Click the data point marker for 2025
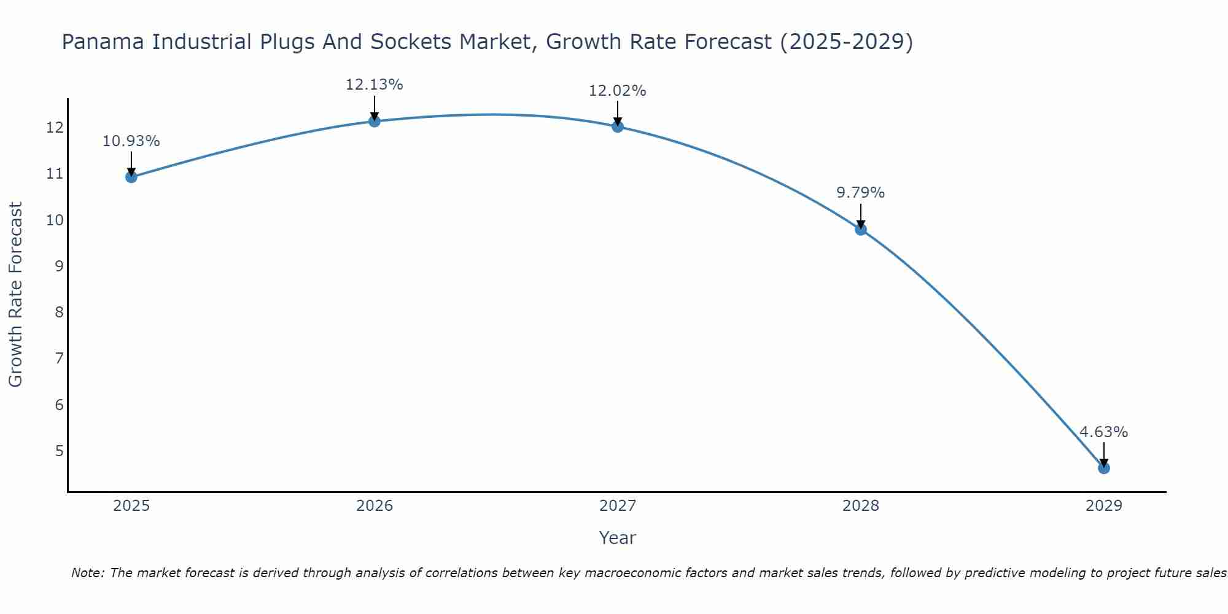pos(131,177)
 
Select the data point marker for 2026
pos(374,121)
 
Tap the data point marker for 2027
pos(617,126)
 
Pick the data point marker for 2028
pos(860,230)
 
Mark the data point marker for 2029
pos(1103,468)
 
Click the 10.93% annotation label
pos(131,141)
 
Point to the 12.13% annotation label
pos(374,85)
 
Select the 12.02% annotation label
pos(617,91)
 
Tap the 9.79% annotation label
pos(860,193)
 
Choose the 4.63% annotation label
pos(1103,432)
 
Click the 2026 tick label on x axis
pos(375,506)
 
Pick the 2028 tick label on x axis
pos(860,506)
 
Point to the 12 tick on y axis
pos(55,128)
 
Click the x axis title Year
pos(617,538)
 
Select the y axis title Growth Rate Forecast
pos(16,295)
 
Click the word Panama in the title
pos(104,42)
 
